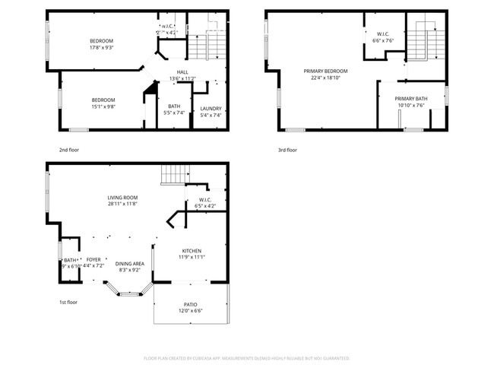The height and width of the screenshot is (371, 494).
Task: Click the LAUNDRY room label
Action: coord(211,108)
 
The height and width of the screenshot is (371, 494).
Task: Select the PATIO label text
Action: coord(190,304)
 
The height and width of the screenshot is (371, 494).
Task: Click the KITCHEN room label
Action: coord(192,251)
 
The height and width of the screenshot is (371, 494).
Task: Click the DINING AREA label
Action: coord(130,264)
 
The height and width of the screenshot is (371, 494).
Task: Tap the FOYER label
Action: coord(93,259)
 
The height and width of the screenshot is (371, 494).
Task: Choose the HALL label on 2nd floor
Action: coord(182,72)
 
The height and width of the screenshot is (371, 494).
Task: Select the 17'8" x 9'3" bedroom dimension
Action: coord(102,47)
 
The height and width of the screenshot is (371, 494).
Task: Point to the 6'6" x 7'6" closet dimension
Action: coord(383,40)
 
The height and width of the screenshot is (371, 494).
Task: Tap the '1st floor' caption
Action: coord(68,302)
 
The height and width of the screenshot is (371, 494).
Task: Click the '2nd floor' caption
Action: coord(68,150)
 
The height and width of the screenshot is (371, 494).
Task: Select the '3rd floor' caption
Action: coord(287,150)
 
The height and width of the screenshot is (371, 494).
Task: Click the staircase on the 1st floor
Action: coord(173,176)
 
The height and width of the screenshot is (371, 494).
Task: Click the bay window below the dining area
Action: coord(127,287)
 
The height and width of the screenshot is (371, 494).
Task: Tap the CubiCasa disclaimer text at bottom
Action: coord(246,357)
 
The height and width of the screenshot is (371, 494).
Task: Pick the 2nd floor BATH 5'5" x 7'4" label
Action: coord(174,109)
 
